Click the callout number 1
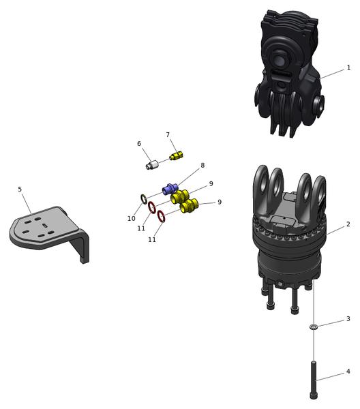[348, 67]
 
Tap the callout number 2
[348, 224]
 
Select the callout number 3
[348, 319]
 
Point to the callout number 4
[348, 372]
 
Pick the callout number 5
[20, 189]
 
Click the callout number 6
[139, 144]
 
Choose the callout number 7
[168, 134]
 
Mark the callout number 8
[202, 165]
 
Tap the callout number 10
[131, 219]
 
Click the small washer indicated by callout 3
[314, 327]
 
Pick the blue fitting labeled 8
[170, 189]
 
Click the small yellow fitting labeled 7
[177, 155]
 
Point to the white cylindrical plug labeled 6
[152, 165]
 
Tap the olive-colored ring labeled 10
[144, 199]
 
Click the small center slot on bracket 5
[45, 226]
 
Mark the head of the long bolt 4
[314, 395]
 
